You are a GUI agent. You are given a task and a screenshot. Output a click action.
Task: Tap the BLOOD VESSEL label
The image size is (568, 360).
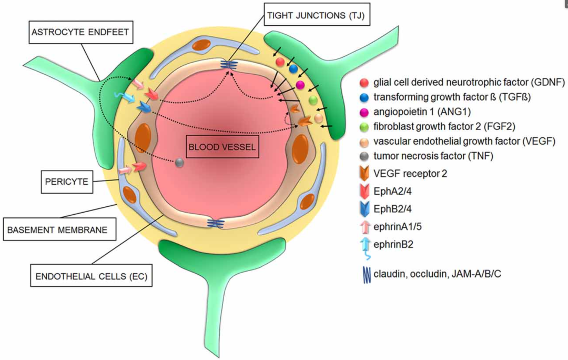click(x=223, y=146)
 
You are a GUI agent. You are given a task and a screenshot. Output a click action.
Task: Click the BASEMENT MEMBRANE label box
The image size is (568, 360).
click(x=58, y=229)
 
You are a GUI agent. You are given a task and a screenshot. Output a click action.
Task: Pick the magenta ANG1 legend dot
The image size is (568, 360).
click(x=363, y=112)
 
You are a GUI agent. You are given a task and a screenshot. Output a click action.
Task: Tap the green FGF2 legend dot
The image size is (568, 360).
click(x=363, y=126)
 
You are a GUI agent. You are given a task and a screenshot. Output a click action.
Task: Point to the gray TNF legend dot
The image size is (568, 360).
click(x=363, y=156)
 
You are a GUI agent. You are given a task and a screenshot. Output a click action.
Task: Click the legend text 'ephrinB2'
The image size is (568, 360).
click(x=390, y=245)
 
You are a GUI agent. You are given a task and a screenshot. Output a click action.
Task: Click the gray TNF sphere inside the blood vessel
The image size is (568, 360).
click(x=179, y=164)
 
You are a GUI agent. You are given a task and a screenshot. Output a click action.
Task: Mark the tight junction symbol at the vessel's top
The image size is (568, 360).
click(x=228, y=64)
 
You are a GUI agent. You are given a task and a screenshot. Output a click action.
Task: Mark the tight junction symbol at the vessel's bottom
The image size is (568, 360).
click(x=216, y=223)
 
